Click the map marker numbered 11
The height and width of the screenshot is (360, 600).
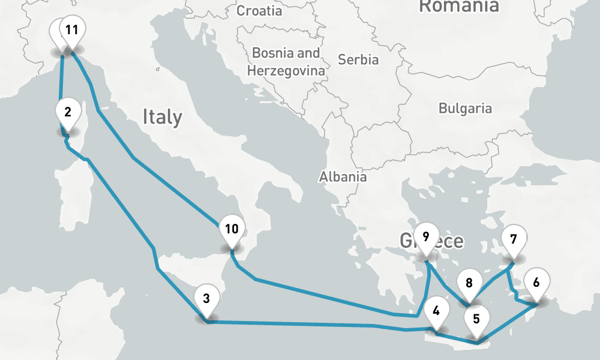coord(72,30)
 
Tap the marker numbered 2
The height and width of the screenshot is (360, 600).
coord(68,112)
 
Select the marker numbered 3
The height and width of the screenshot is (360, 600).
coord(206,298)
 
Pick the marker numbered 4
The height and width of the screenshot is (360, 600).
coord(436,311)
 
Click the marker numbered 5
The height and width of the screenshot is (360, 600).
coord(476,319)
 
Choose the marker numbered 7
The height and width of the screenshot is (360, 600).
coord(513,239)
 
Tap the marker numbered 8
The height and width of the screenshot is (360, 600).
coord(469,283)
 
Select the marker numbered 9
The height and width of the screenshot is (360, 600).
coord(426,236)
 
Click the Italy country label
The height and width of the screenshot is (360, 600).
coord(162,116)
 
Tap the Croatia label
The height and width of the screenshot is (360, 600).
coord(259,11)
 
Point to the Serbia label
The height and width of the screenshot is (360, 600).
coord(358,60)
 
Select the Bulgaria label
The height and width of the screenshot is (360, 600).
coord(465,109)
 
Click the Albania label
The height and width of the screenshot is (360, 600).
coord(343,177)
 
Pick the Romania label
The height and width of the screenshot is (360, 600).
coord(458,6)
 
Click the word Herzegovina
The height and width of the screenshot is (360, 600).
coord(286,71)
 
